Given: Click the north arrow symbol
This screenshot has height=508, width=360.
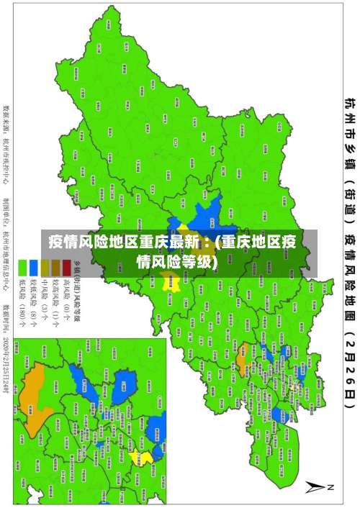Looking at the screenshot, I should click(x=318, y=488).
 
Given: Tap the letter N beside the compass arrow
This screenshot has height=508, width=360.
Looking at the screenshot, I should click(x=330, y=488).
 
